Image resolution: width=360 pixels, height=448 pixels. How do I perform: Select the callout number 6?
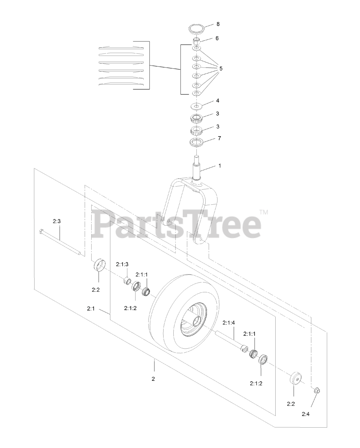[x=217, y=38]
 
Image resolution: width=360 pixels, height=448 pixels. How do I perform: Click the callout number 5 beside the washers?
[x=221, y=69]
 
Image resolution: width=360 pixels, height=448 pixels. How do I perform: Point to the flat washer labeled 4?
[x=196, y=106]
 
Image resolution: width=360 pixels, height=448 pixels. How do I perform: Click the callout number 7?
[x=219, y=138]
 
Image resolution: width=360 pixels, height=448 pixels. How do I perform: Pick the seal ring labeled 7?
[x=197, y=142]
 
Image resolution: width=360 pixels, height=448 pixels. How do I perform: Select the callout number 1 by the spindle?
[x=220, y=166]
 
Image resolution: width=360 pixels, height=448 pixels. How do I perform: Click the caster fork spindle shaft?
[x=197, y=168]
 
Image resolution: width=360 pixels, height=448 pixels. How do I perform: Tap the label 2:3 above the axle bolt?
[x=57, y=221]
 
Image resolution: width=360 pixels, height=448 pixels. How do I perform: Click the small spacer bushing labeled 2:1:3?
[x=128, y=281]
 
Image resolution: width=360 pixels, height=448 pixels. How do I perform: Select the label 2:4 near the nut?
[x=305, y=414]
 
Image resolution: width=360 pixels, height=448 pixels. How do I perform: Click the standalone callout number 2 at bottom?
[x=153, y=379]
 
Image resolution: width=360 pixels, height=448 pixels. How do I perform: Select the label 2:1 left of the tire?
[x=91, y=309]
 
